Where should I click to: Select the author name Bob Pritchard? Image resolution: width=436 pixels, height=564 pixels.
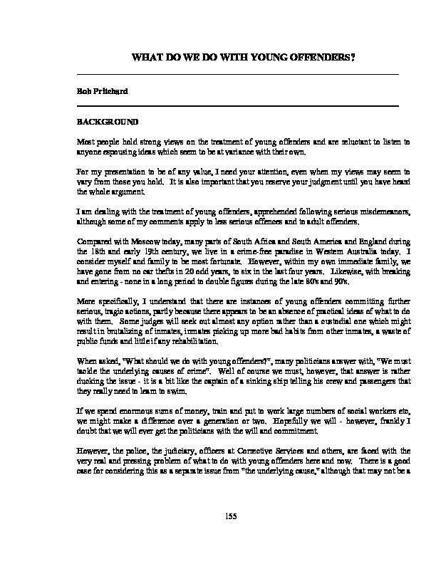[x=98, y=91]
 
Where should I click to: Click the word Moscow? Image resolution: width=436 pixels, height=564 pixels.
[x=144, y=241]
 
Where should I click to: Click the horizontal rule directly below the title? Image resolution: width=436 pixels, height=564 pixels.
[x=237, y=74]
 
